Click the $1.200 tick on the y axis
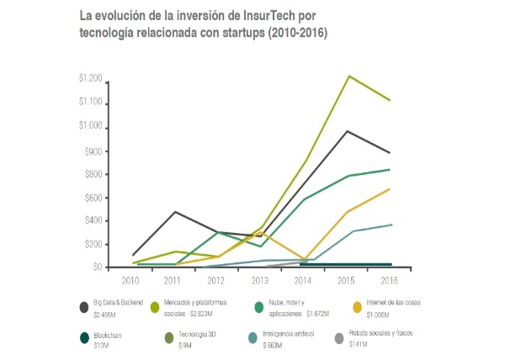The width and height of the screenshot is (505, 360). (90, 79)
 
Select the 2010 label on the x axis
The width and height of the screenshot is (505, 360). (130, 279)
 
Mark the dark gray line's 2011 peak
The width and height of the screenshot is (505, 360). (174, 212)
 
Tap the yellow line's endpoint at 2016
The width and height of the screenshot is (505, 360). (389, 189)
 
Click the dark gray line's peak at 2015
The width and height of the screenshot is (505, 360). (348, 131)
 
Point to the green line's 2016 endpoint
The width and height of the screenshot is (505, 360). (389, 170)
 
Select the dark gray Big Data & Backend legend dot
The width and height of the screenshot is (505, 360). (84, 306)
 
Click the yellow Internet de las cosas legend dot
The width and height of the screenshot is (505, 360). (357, 306)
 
